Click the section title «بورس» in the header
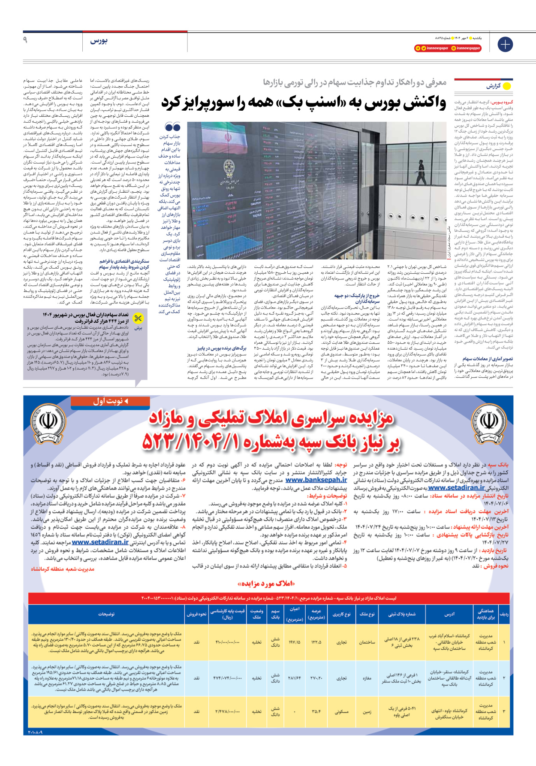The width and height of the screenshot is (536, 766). (99, 41)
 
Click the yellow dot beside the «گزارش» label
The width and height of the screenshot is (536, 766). (507, 86)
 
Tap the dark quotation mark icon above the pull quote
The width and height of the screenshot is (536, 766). (172, 127)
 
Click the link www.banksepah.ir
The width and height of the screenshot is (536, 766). (316, 480)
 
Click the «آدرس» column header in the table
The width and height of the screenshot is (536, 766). (449, 614)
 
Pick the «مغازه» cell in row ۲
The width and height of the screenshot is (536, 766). (367, 678)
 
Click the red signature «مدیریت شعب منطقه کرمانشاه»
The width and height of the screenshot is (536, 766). (63, 569)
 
